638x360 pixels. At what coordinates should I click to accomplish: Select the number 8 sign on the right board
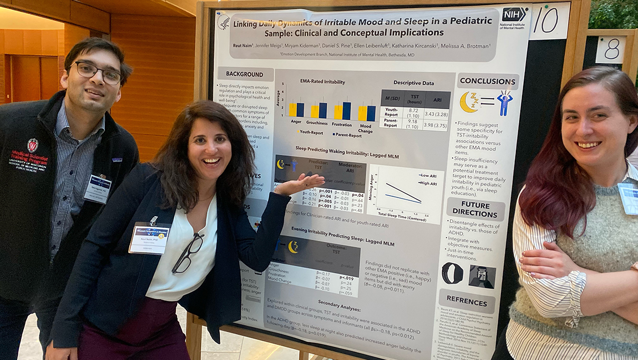point(610,49)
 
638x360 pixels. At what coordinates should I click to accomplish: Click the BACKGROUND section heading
point(244,74)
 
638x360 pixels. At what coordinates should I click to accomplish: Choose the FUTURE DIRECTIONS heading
point(475,209)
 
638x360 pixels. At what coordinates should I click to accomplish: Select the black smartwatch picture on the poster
point(452,273)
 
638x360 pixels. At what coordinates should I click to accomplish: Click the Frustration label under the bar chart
point(342,125)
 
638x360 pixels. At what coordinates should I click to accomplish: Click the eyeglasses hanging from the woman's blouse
point(188,253)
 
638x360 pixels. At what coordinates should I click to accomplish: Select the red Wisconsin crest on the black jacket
point(32,145)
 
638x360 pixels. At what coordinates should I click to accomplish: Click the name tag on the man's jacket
point(98,189)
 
